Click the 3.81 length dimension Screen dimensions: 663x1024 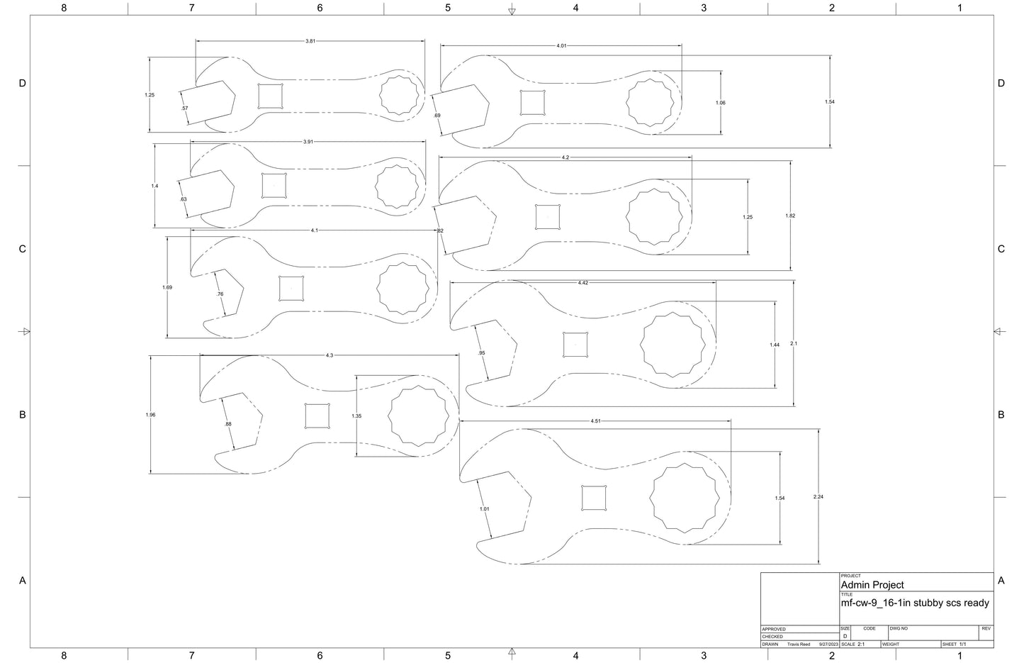pyautogui.click(x=310, y=41)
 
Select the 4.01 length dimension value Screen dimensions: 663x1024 pyautogui.click(x=561, y=46)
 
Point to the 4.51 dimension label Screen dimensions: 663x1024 pyautogui.click(x=596, y=421)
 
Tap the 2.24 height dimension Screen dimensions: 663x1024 pyautogui.click(x=818, y=496)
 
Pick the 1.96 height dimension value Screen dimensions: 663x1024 pyautogui.click(x=150, y=415)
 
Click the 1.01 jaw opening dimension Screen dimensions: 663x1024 pyautogui.click(x=485, y=508)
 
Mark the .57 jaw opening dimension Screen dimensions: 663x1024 pyautogui.click(x=185, y=108)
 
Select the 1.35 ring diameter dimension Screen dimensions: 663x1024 pyautogui.click(x=356, y=416)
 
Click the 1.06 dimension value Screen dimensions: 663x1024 pyautogui.click(x=721, y=103)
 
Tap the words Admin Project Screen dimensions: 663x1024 pyautogui.click(x=872, y=585)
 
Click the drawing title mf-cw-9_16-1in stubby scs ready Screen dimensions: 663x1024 pyautogui.click(x=914, y=603)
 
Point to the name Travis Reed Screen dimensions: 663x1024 pyautogui.click(x=799, y=644)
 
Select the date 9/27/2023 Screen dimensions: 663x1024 pyautogui.click(x=828, y=644)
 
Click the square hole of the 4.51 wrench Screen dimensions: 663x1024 pyautogui.click(x=594, y=498)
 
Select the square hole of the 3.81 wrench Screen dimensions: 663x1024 pyautogui.click(x=270, y=96)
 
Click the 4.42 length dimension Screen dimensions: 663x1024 pyautogui.click(x=583, y=283)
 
